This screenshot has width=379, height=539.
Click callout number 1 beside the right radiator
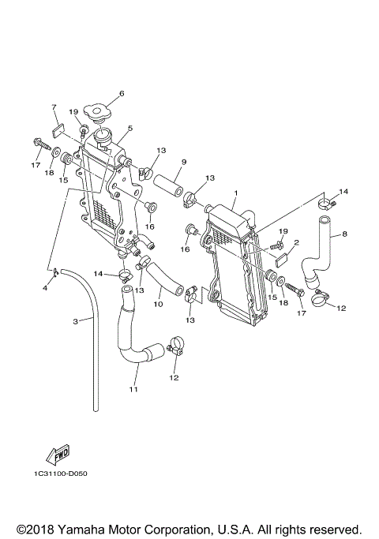tap(235, 192)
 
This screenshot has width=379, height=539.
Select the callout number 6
tap(121, 94)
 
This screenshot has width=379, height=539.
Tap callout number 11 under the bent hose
tap(133, 389)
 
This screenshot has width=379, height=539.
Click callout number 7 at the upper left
tap(54, 107)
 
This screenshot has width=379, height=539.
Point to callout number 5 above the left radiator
tap(129, 128)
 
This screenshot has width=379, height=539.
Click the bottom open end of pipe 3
tap(96, 408)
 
